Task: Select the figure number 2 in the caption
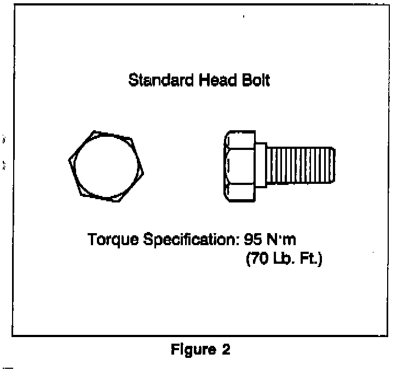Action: tap(226, 350)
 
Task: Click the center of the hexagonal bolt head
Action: tap(107, 166)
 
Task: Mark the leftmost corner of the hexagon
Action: tap(69, 160)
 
